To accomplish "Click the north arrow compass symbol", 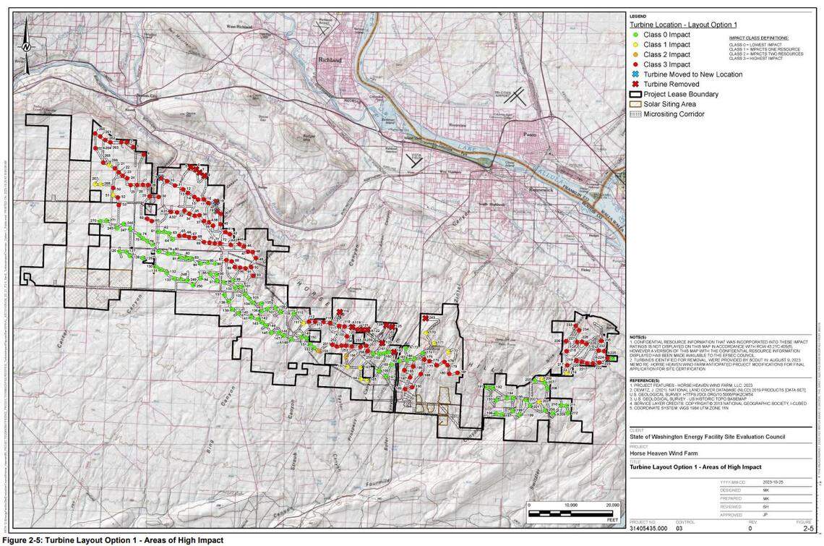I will (x=26, y=46).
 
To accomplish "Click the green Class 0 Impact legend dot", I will (x=634, y=35).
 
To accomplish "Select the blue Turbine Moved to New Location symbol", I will (x=634, y=74).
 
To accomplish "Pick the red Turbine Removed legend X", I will (x=634, y=84).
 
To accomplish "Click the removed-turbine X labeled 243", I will (x=424, y=317).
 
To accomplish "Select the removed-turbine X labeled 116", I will (x=339, y=312).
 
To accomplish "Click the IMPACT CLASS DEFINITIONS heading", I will (x=759, y=38).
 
